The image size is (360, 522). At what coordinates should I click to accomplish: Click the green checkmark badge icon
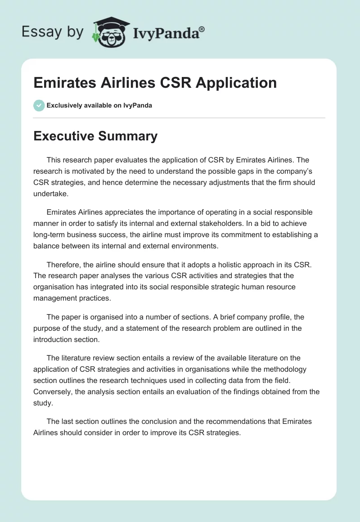click(x=39, y=105)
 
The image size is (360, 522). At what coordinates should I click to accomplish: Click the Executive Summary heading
click(x=95, y=136)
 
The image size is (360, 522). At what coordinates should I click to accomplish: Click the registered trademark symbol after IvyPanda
click(x=202, y=28)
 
